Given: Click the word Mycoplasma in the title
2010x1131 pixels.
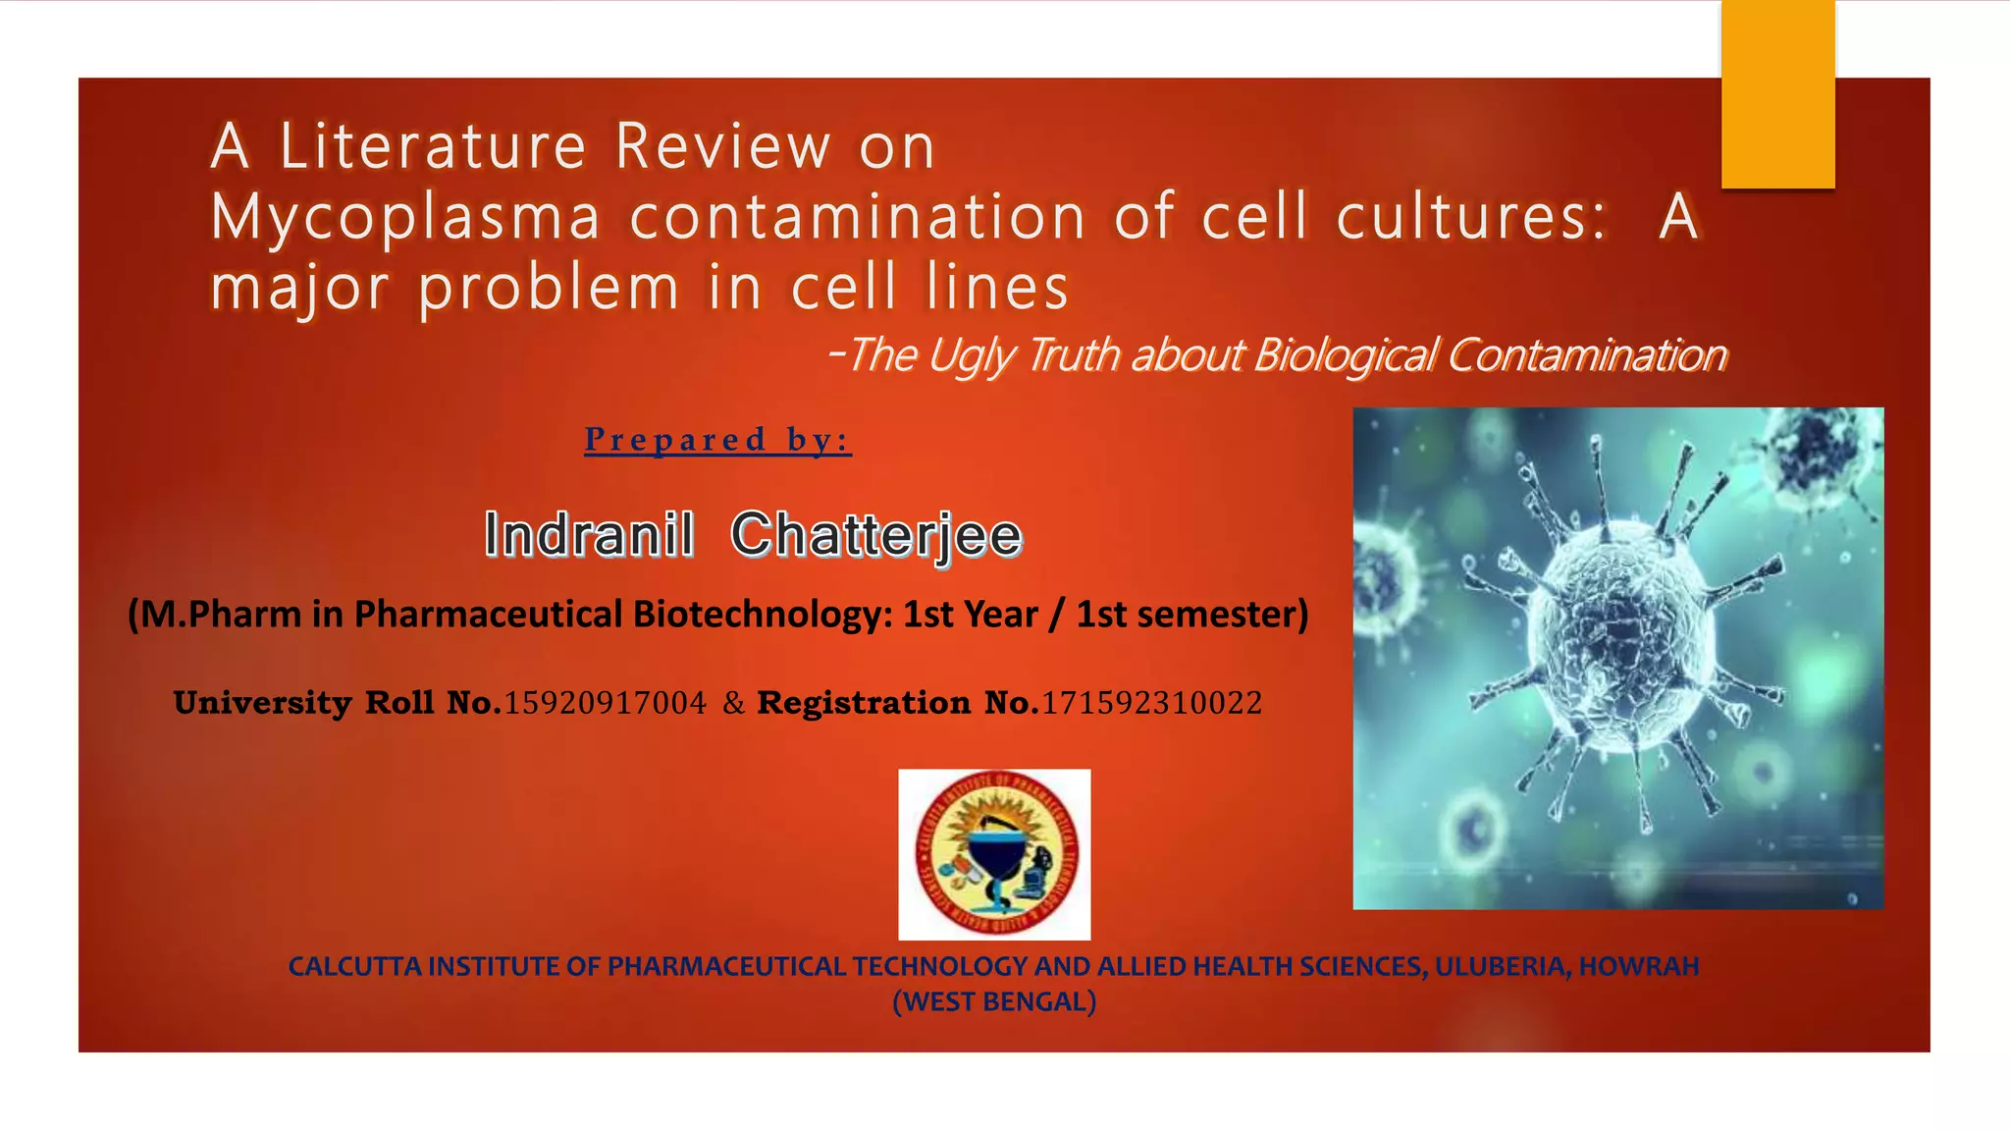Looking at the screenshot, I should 404,218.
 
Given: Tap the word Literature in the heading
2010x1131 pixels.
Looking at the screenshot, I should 433,147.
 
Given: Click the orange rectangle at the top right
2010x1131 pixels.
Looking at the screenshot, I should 1777,94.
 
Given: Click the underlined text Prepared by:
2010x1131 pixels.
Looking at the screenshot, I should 717,440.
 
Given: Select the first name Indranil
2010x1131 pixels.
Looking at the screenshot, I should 589,536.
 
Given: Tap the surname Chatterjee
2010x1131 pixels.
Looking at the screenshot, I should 875,536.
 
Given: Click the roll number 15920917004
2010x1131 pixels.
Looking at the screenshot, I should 605,703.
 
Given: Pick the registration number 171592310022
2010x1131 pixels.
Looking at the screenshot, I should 1151,703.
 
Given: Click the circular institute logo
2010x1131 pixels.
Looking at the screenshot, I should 994,854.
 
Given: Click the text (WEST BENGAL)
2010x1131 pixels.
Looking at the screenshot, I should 993,1002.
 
